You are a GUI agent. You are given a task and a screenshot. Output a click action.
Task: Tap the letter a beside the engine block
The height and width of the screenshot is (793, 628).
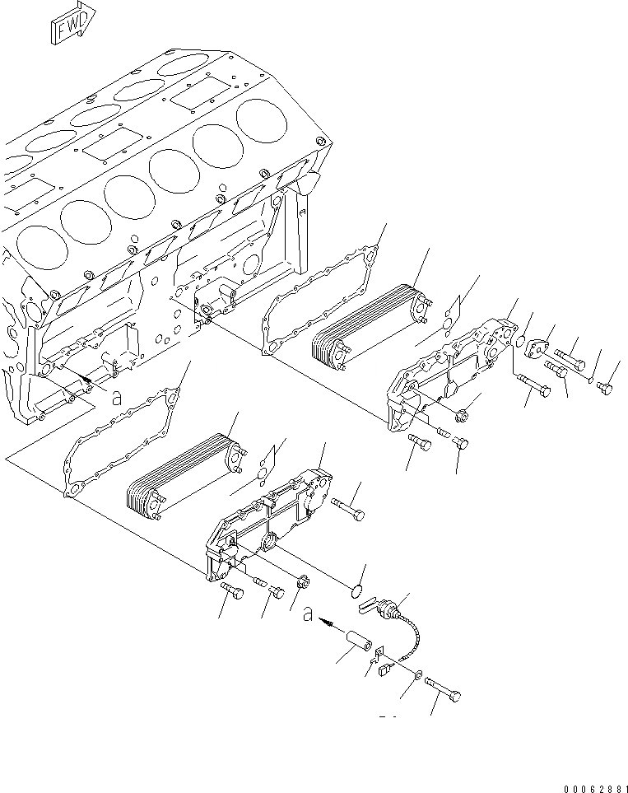pos(117,395)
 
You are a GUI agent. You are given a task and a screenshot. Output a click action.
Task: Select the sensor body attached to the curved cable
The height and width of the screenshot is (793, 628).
pos(386,609)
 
